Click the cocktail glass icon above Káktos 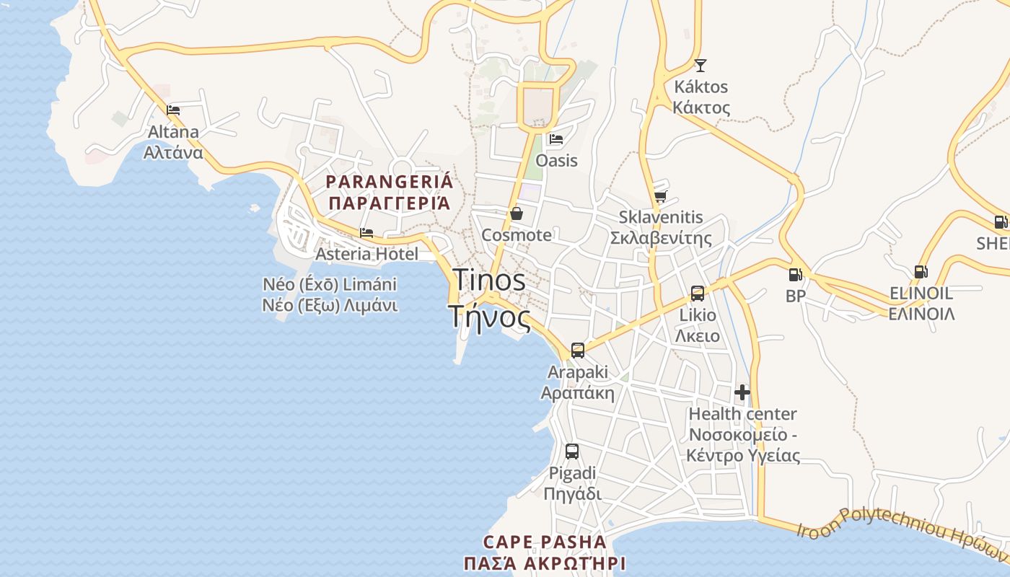(700, 66)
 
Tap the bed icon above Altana (173, 110)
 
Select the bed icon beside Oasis (555, 139)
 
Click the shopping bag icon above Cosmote (517, 213)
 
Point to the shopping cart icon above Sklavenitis (660, 196)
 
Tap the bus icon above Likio (697, 294)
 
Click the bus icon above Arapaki (577, 351)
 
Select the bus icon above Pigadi (571, 452)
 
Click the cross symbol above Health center (742, 392)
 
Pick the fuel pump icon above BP (795, 275)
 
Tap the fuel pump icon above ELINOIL (921, 272)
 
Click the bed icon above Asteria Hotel (366, 233)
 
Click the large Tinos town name (489, 280)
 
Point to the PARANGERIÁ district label (390, 182)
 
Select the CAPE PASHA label (545, 542)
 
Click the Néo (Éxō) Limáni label (330, 284)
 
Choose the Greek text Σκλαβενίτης (660, 239)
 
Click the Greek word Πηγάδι (571, 495)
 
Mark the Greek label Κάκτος (701, 108)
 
